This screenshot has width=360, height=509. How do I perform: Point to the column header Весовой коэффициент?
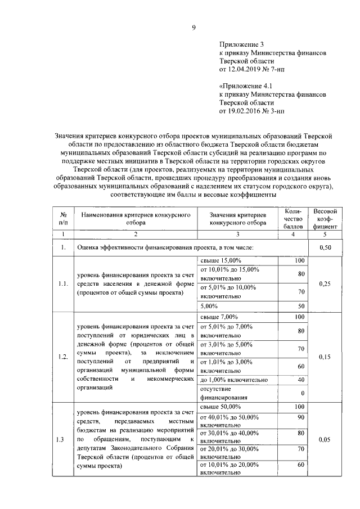325,219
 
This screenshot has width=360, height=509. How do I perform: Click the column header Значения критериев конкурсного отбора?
237,219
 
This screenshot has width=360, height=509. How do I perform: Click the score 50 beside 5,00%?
300,306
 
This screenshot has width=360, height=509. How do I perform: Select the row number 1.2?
63,357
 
